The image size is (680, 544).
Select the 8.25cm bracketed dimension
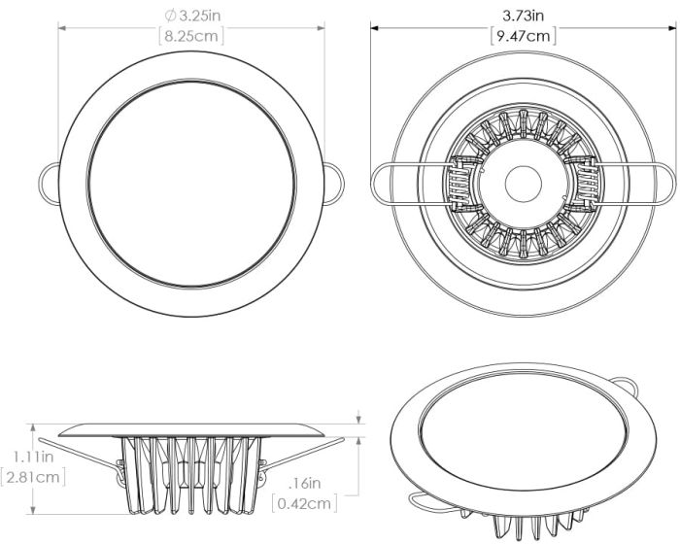(x=191, y=37)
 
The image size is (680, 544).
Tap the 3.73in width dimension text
(x=523, y=16)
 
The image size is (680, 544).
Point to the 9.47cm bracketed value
(x=523, y=37)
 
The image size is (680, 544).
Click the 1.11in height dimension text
(x=33, y=455)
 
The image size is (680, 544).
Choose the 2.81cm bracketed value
(x=34, y=477)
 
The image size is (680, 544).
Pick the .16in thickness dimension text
(x=309, y=482)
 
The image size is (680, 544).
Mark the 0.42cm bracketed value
(x=307, y=503)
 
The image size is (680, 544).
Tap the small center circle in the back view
(x=523, y=182)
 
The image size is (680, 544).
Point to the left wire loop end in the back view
(x=382, y=182)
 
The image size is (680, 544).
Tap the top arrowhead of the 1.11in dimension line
(x=34, y=425)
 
